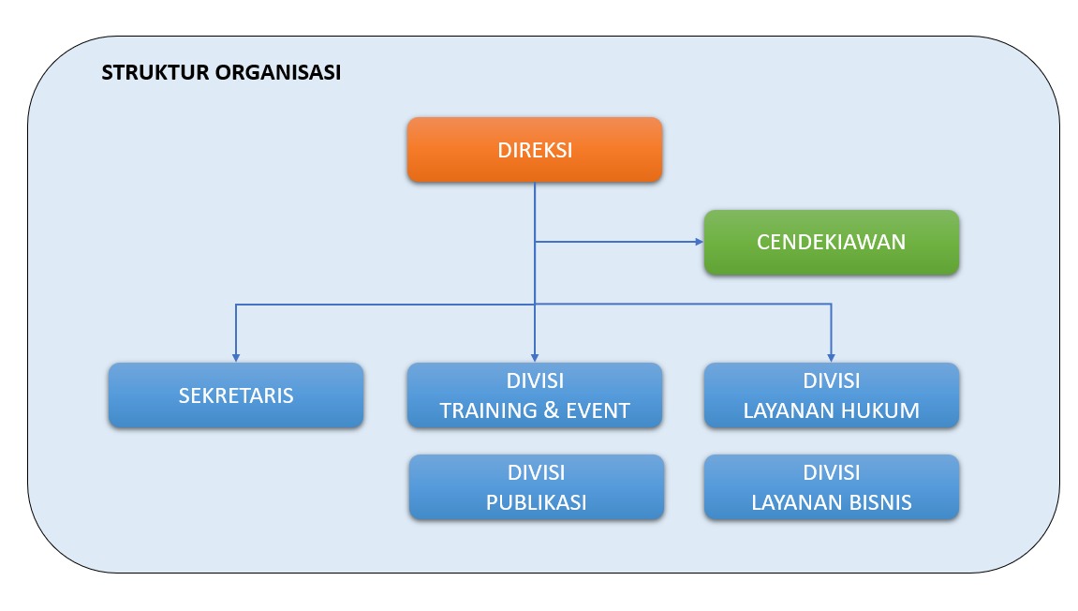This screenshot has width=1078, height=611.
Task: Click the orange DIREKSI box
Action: (534, 149)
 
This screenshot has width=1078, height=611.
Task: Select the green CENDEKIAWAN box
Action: (831, 242)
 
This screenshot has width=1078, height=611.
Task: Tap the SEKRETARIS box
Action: (236, 395)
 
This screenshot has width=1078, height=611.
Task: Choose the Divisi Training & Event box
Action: (534, 395)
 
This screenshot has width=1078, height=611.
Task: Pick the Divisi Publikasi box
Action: (536, 486)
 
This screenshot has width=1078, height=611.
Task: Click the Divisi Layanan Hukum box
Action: (831, 395)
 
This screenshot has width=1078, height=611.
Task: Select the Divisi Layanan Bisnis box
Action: (831, 486)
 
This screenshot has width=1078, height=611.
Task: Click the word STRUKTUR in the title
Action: (154, 73)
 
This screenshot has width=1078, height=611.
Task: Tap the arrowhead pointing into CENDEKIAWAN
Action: (698, 242)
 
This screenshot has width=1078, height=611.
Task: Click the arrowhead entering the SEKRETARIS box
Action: (235, 357)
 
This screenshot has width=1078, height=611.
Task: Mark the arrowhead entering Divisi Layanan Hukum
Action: (831, 357)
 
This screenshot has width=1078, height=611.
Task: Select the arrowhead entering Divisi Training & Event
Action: (534, 357)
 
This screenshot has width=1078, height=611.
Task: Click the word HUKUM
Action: (879, 410)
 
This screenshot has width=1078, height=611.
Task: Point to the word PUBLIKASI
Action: (536, 502)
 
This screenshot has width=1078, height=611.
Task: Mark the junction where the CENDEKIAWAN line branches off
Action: (534, 242)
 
